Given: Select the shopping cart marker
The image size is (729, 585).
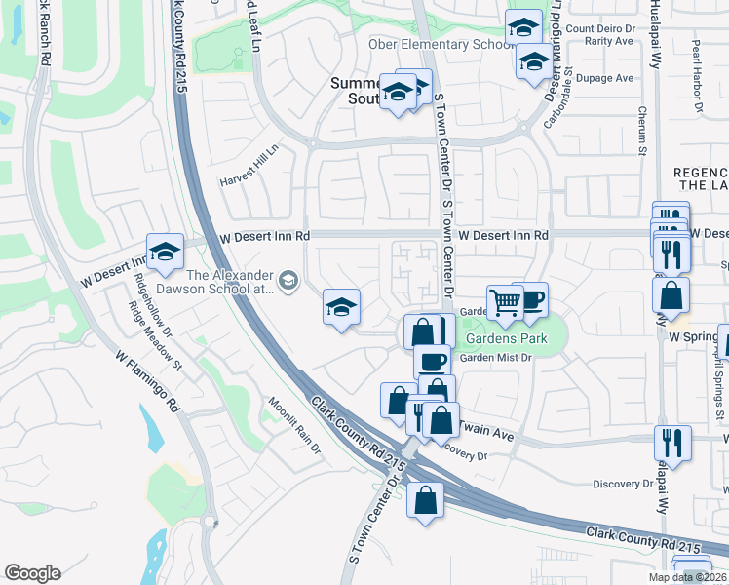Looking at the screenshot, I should click(505, 302).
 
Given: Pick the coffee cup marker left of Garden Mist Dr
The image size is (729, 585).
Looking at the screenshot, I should click(432, 361).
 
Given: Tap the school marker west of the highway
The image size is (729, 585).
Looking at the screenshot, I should click(165, 252).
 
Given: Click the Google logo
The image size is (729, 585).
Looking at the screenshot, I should click(32, 573).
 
